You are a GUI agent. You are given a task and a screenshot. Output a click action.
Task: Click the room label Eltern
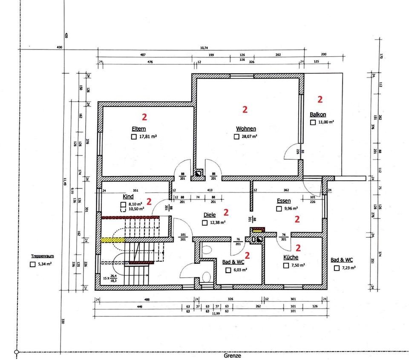click(x=139, y=129)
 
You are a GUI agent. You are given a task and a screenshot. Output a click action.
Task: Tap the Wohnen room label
click(x=246, y=129)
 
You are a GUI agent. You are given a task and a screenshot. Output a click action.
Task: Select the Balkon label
click(x=318, y=115)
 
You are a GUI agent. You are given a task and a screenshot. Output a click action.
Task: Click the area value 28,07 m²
click(x=249, y=137)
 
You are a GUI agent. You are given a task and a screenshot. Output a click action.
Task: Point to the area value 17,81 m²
click(x=149, y=137)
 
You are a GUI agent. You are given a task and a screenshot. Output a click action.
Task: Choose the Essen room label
click(x=284, y=201)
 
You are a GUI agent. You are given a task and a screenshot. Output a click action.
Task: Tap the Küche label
click(x=291, y=258)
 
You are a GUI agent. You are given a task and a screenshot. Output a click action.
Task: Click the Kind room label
click(x=128, y=197)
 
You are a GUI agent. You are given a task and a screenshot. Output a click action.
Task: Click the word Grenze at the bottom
click(x=232, y=355)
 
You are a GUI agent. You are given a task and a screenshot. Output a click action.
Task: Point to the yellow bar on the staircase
click(x=113, y=240)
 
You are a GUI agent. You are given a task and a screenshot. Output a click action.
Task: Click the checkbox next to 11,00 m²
click(x=313, y=122)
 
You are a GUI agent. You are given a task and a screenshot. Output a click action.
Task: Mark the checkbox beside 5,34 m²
click(x=32, y=264)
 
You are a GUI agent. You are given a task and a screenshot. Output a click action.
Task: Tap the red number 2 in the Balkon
click(x=320, y=99)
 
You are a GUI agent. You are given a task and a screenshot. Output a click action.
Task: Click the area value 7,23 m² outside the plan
click(x=348, y=268)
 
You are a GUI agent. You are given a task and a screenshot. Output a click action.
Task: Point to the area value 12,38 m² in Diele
click(x=217, y=222)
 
